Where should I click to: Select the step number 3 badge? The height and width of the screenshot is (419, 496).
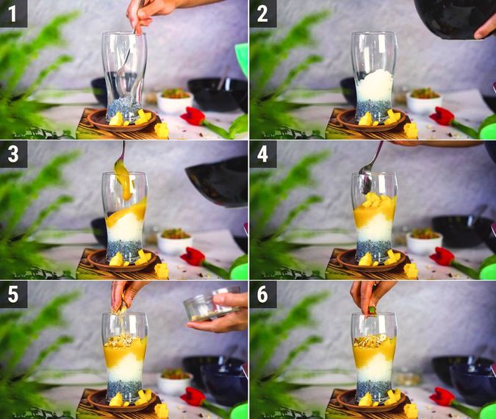click(x=13, y=154)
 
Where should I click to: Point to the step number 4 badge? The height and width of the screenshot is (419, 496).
click(x=263, y=154)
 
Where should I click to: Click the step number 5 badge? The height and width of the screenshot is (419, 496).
click(x=13, y=293)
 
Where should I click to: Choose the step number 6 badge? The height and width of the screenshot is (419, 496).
click(x=263, y=293)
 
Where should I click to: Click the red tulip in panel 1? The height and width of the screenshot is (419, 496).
click(x=193, y=115)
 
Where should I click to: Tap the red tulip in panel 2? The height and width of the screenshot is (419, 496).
click(x=442, y=115)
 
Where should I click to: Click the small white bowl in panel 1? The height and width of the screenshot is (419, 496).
click(x=175, y=101)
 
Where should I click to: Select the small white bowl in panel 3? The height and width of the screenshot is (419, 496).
click(x=175, y=241)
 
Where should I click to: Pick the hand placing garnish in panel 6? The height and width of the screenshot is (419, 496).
click(x=373, y=293)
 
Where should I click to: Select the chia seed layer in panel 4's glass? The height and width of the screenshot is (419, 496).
click(x=373, y=249)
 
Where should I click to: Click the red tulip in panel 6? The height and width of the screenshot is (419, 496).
click(x=442, y=396)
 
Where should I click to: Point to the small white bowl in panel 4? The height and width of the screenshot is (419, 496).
click(x=424, y=241)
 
